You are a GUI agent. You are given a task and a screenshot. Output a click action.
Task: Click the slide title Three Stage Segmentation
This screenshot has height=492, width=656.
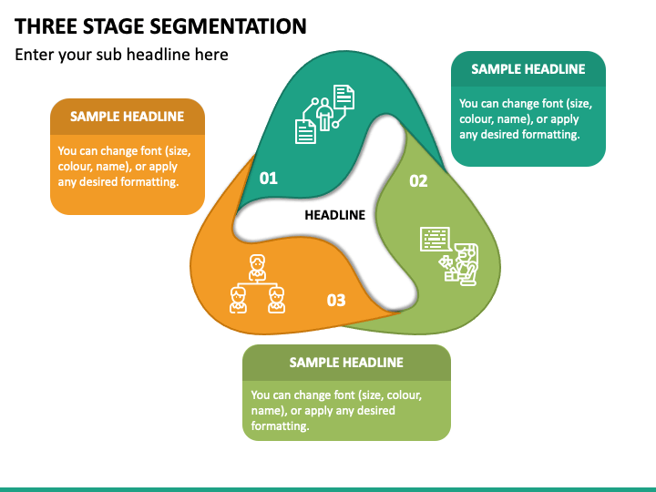[x=160, y=26]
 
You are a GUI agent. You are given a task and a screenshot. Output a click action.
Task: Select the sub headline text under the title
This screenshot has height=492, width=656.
[x=121, y=55]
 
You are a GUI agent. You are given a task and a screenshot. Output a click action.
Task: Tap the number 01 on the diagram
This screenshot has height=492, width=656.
[x=269, y=179]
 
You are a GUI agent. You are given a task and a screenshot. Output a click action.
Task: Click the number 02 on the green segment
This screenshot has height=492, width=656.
[x=418, y=181]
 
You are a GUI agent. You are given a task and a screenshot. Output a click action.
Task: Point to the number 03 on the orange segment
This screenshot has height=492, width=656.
[x=336, y=300]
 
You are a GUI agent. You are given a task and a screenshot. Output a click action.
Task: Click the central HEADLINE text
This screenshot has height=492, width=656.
[x=334, y=216]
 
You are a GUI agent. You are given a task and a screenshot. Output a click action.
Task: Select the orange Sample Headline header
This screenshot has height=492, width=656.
[x=127, y=117]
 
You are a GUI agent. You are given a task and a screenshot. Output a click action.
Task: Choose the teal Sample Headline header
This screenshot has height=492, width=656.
[x=528, y=69]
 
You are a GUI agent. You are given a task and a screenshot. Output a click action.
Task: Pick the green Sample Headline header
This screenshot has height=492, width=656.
[x=346, y=363]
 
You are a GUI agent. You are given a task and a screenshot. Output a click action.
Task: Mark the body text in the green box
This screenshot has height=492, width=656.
[x=336, y=410]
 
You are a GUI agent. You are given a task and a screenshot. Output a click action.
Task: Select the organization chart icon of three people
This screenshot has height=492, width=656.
[x=257, y=284]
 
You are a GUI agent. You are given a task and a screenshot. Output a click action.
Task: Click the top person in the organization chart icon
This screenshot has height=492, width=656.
[x=257, y=266]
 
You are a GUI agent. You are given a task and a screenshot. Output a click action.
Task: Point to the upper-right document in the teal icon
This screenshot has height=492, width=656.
[x=343, y=96]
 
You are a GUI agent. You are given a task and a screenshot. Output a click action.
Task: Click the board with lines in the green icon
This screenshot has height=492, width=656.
[x=436, y=240]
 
